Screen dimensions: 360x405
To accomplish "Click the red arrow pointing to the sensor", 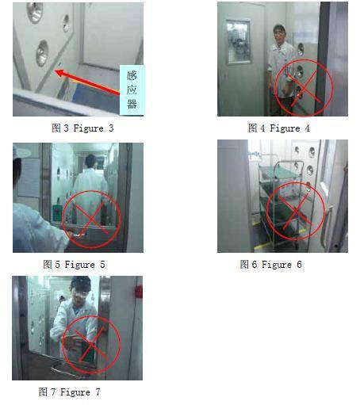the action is tap(87, 82).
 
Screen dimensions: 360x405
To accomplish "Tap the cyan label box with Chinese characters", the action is tap(132, 90).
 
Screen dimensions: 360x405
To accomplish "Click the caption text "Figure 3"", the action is tap(94, 128).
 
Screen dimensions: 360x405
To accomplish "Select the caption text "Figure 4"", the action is tap(289, 128).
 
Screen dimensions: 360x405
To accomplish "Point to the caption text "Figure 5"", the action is tap(85, 265).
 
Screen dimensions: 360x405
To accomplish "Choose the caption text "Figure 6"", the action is tap(281, 265).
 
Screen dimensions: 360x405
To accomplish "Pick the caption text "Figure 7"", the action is tap(80, 392).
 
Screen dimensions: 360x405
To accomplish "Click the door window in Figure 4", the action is tap(239, 42).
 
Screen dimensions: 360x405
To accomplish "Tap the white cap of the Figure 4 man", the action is tap(279, 27).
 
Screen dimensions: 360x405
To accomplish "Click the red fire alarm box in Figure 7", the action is tap(139, 292).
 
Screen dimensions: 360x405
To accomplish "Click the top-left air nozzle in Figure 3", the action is tap(34, 12).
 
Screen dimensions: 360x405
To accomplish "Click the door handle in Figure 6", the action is tap(326, 225).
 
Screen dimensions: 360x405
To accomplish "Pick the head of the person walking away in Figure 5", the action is tap(90, 161).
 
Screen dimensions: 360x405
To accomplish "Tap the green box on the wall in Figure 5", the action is tap(57, 213).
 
